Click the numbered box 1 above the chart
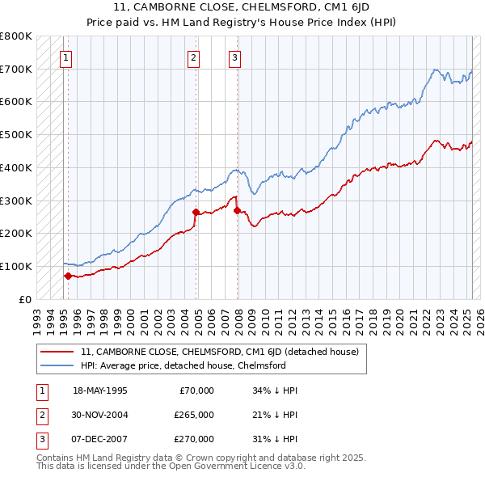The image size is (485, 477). point(65,57)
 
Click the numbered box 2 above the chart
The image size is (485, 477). point(194,57)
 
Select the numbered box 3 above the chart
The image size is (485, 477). point(234,57)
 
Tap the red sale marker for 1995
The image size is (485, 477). point(68,276)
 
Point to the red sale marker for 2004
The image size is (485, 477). point(196,212)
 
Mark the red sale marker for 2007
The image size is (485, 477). point(237,210)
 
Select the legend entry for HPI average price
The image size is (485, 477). point(183,365)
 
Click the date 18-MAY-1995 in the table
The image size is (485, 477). point(100,390)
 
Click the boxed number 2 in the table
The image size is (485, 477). point(40,415)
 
